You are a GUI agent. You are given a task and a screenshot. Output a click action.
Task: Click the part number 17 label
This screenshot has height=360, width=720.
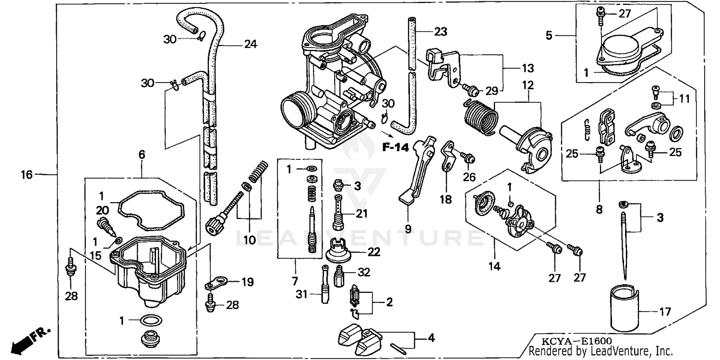click(x=664, y=312)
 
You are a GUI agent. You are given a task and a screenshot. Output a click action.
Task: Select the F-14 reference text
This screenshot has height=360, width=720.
click(x=395, y=147)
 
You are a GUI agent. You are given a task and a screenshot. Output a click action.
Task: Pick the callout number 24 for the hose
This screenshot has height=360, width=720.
click(x=250, y=45)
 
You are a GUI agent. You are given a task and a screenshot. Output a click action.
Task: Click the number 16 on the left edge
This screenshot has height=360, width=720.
click(x=26, y=175)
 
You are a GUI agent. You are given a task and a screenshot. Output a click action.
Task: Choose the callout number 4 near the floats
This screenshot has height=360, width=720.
click(x=431, y=338)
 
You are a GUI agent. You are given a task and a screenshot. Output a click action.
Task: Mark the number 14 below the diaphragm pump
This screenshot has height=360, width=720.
click(x=494, y=266)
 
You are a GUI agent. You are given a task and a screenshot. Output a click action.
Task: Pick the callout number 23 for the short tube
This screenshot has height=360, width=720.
click(x=440, y=32)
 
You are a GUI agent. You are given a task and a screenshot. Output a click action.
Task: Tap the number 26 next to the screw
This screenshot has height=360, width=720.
click(x=469, y=177)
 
